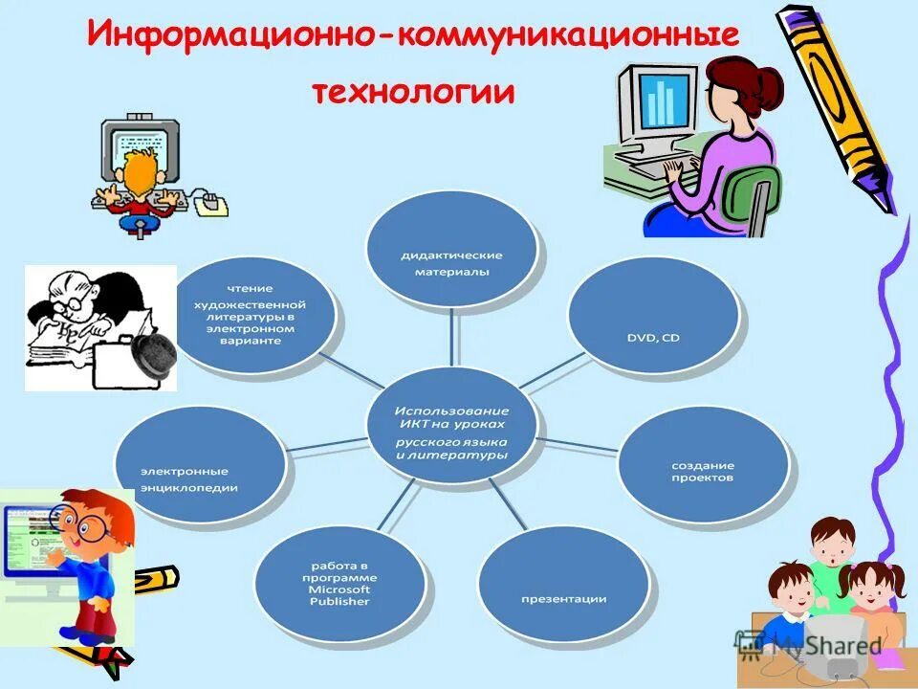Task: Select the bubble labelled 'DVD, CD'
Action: point(652,316)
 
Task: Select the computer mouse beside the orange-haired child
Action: point(212,202)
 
